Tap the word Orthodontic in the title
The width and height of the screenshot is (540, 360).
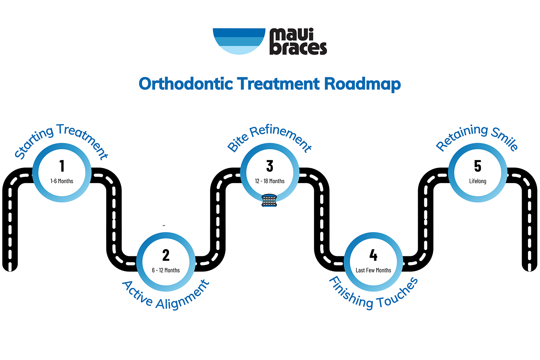(186, 84)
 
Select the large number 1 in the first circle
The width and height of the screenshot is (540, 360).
(62, 166)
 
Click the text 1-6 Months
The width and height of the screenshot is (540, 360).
(62, 181)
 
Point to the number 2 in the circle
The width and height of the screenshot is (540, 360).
(166, 255)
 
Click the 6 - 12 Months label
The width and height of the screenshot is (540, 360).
(166, 270)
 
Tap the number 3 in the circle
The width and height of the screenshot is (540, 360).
(270, 166)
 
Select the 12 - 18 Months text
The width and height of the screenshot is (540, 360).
(270, 181)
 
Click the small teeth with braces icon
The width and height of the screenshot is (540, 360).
(269, 200)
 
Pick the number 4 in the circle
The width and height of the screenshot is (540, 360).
(373, 255)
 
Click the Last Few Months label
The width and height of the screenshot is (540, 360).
(373, 270)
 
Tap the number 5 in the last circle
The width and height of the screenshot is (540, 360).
(477, 166)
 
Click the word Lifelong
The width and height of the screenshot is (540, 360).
(477, 181)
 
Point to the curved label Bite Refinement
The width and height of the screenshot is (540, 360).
(269, 135)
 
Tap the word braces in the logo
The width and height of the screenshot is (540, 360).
(298, 49)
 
